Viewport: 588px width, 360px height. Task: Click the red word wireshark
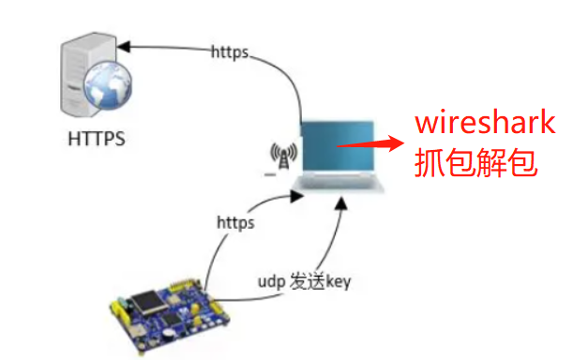point(486,123)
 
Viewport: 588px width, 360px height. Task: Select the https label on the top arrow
point(230,52)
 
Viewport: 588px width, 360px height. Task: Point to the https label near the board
point(235,224)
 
